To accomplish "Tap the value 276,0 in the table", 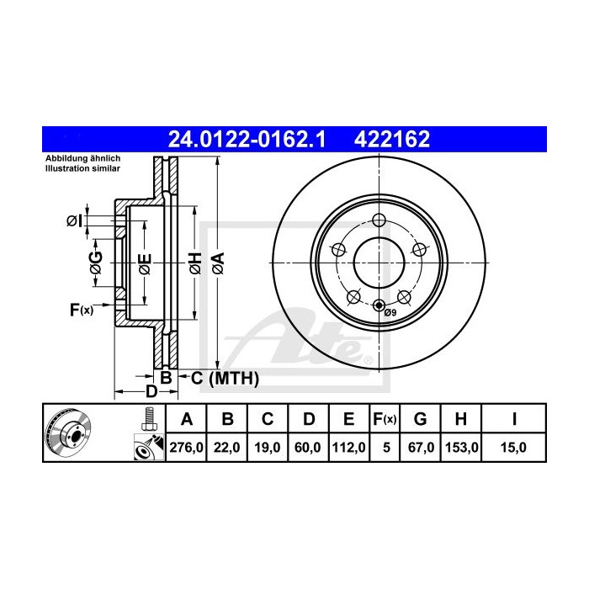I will click(188, 448).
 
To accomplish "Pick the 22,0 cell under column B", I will click(227, 448).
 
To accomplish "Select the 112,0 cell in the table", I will click(348, 448).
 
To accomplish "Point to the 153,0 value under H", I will click(462, 448).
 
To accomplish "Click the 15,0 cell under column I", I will click(513, 448).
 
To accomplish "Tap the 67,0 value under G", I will click(422, 448).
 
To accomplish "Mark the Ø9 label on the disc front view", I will click(390, 314).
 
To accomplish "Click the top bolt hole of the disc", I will click(378, 221).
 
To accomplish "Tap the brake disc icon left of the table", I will click(66, 434).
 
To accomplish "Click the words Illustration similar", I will click(82, 168).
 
